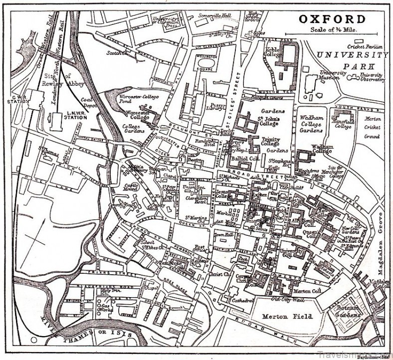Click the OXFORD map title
pyautogui.click(x=332, y=19)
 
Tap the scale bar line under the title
pyautogui.click(x=332, y=35)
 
